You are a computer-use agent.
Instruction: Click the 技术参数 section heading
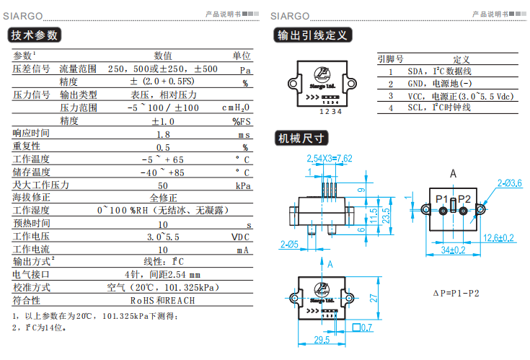(x=34, y=35)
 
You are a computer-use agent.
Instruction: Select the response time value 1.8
(x=164, y=133)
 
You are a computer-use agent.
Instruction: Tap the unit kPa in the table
(x=242, y=185)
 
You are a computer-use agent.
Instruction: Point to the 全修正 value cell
(x=164, y=198)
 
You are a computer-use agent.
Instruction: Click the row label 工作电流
(x=31, y=250)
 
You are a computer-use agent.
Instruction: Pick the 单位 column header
(x=241, y=56)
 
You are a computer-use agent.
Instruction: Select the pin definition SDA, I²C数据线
(x=440, y=71)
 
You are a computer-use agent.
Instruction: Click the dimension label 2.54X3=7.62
(x=330, y=159)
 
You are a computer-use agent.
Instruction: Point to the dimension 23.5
(x=386, y=215)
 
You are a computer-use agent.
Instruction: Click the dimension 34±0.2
(x=452, y=250)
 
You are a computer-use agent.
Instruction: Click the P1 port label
(x=441, y=198)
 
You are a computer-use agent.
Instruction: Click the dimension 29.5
(x=322, y=340)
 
